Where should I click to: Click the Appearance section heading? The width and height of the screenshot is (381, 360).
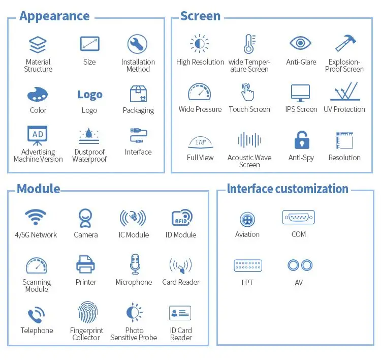pos(54,16)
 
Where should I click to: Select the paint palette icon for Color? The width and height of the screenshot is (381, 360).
pos(38,94)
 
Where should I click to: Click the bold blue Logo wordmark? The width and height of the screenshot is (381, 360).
pos(89,95)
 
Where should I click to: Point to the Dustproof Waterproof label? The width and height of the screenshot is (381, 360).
pos(89,156)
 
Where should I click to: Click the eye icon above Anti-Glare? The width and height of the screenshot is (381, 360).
pos(300,43)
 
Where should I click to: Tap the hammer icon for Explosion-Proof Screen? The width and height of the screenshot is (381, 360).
pos(344,44)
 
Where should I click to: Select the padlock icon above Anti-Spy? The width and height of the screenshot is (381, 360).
pos(302,140)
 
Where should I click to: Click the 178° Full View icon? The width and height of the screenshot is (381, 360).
pos(200,142)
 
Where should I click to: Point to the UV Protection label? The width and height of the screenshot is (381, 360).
pos(344,109)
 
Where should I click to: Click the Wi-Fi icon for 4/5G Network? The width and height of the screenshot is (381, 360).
pos(36,218)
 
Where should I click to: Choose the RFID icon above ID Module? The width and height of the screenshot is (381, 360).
pos(181,218)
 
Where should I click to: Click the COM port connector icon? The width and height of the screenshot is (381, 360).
pos(298,218)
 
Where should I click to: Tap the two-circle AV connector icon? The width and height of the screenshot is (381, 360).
pos(299,265)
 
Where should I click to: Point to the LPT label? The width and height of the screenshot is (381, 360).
pos(247,282)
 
